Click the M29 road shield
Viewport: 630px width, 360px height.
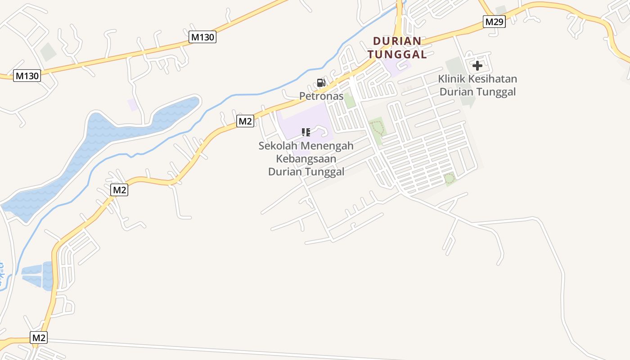495,21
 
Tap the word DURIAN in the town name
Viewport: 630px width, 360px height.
397,41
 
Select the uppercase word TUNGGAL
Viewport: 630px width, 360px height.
397,54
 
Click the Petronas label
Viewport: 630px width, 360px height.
321,96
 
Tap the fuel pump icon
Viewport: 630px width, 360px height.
321,83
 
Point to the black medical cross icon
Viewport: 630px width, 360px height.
477,66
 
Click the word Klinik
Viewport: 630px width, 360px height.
452,79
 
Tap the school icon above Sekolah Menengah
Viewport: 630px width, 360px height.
306,132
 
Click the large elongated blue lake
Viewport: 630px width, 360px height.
103,144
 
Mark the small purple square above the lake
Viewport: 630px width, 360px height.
132,104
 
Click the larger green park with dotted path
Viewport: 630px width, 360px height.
377,129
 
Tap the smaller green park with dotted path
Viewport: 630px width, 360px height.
450,179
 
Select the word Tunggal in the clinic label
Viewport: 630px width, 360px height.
497,92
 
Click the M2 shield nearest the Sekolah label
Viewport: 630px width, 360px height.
245,121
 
